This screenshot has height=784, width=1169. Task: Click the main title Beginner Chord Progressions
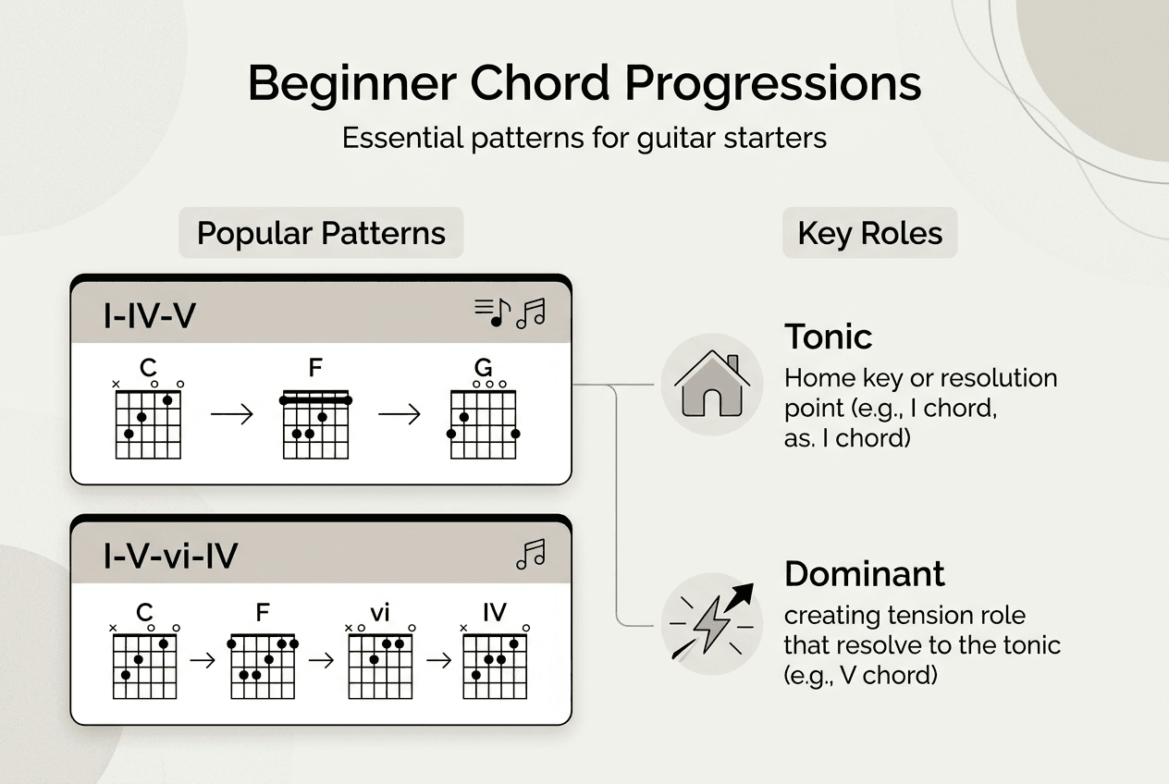584,84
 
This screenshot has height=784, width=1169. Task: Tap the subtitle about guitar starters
584,139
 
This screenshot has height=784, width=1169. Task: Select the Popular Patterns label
321,233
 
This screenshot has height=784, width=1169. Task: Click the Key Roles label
869,233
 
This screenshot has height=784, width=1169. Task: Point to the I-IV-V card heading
150,316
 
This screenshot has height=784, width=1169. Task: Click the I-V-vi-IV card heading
170,556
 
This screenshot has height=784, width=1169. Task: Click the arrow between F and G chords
399,414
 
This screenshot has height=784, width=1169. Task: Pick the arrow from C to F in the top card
231,414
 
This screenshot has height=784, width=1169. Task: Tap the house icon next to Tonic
712,386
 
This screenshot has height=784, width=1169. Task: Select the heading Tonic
828,337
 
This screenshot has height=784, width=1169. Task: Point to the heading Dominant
864,574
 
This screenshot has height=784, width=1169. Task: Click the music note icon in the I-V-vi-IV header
530,555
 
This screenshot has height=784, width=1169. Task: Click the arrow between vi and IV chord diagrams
438,661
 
